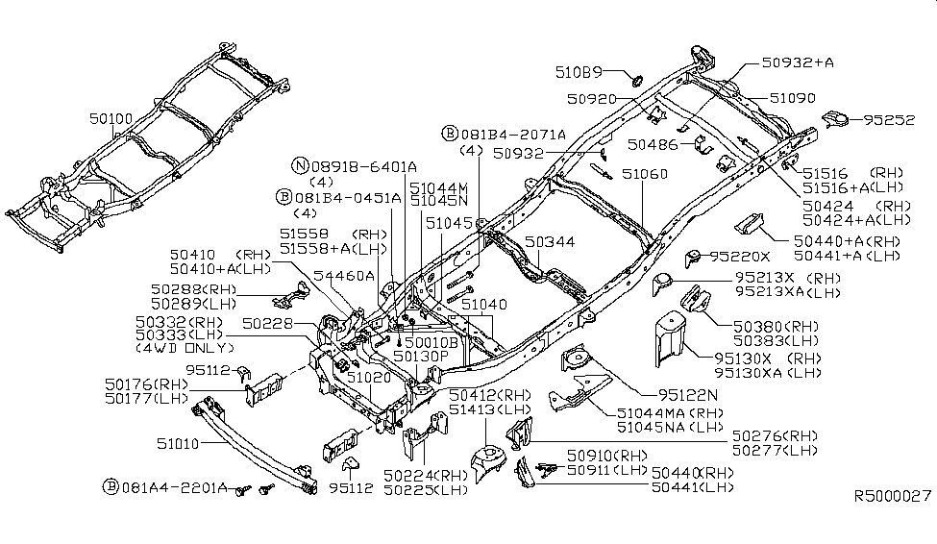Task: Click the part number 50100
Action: (x=111, y=119)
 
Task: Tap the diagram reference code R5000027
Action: (x=893, y=497)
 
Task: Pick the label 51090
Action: (x=792, y=97)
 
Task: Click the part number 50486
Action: (x=653, y=144)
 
